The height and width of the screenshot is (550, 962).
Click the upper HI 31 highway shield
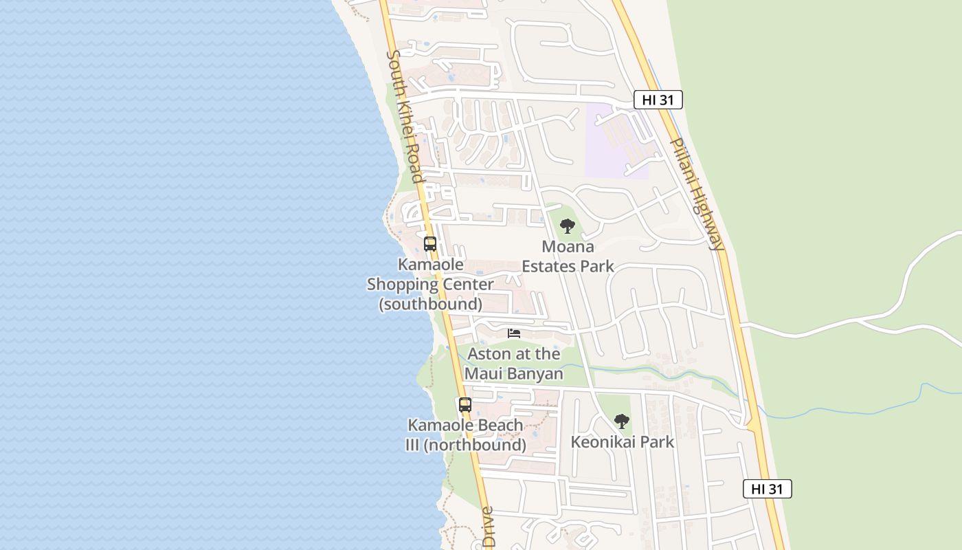[x=658, y=100]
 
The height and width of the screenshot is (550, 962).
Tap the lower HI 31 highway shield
[x=767, y=489]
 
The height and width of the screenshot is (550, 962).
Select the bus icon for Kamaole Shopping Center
[x=430, y=244]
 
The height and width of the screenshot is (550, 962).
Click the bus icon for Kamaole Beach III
[x=465, y=405]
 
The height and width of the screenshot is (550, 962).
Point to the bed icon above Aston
[x=514, y=333]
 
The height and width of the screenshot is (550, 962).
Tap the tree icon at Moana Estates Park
[x=567, y=226]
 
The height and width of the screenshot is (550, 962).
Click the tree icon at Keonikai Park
[x=621, y=421]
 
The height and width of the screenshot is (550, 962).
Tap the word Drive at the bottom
[x=488, y=527]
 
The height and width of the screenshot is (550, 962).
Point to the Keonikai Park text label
[x=623, y=442]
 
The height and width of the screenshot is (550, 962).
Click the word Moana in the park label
[x=568, y=247]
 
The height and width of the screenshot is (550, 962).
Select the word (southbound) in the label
[x=431, y=304]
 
